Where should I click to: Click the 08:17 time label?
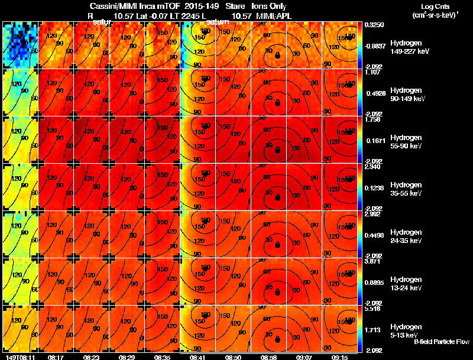coord(56,357)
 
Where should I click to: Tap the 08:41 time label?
coord(197,357)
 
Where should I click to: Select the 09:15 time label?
coord(339,357)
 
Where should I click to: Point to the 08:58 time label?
coord(269,357)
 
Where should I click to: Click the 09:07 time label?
coord(304,357)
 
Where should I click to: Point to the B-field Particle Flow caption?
coord(441,342)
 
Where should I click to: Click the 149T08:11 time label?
coord(20,357)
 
